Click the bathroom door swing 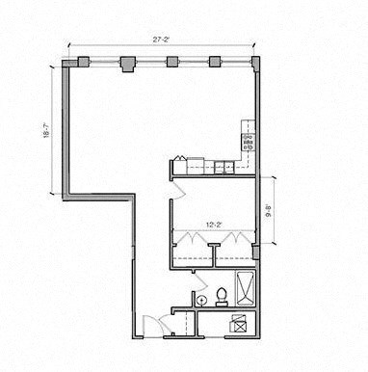197,280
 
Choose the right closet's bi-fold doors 234,241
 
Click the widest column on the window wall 126,64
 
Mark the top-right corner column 255,64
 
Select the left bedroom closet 192,252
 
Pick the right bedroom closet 234,252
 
